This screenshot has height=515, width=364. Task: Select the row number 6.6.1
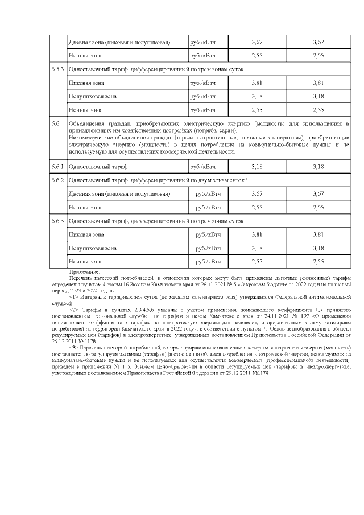[56, 167]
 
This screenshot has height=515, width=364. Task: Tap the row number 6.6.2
[56, 180]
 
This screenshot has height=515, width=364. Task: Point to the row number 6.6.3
[56, 220]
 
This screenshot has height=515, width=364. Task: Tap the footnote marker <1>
[73, 296]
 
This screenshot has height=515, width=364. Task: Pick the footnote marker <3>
[73, 347]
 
